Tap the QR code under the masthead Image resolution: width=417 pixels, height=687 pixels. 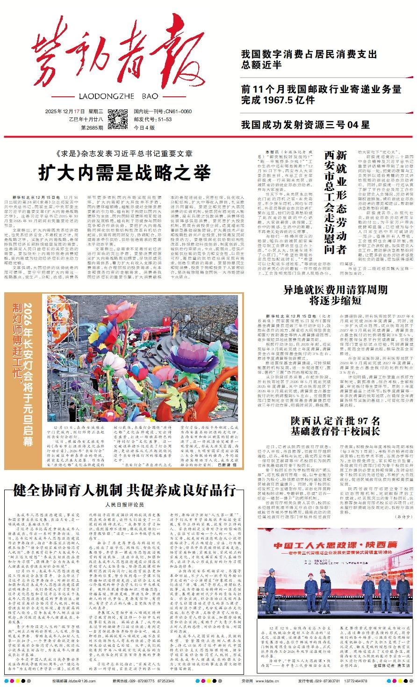pyautogui.click(x=117, y=119)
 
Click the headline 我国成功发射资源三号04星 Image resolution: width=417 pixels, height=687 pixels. pyautogui.click(x=305, y=125)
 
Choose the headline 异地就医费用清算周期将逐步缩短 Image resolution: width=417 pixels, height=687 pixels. pyautogui.click(x=335, y=295)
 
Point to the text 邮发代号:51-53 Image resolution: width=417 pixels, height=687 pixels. pyautogui.click(x=153, y=119)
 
